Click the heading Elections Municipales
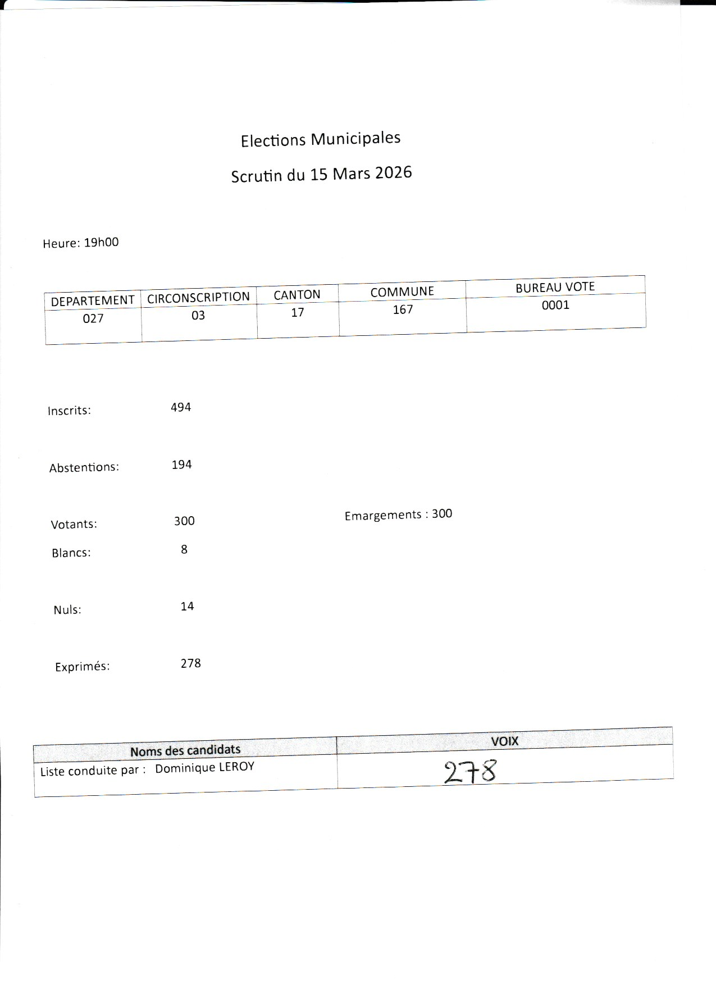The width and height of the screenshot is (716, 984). click(320, 139)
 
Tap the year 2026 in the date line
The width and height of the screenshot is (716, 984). click(393, 172)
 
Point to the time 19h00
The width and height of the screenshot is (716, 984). click(101, 243)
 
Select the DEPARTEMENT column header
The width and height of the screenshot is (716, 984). click(93, 300)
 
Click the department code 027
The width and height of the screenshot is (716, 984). click(93, 318)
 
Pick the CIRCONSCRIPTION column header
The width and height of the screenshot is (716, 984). click(198, 297)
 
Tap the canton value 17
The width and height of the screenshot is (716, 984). click(297, 312)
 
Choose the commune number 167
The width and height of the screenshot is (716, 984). click(403, 309)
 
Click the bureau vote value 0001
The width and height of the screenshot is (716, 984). click(555, 305)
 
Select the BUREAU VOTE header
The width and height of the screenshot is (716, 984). click(555, 287)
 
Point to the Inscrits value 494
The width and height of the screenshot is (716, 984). click(181, 407)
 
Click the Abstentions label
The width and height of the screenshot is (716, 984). click(84, 467)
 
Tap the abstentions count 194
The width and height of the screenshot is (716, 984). click(181, 464)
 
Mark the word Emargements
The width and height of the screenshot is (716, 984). click(382, 515)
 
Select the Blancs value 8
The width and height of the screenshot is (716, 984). click(184, 549)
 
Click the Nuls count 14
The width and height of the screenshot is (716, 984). click(187, 606)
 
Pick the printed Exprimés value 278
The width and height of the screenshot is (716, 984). click(190, 663)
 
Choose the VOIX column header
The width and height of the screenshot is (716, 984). click(504, 741)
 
